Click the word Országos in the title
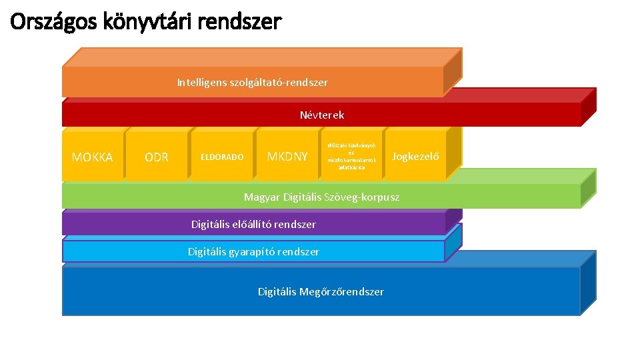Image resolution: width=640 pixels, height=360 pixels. [54, 22]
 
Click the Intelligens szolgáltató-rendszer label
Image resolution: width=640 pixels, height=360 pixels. [252, 83]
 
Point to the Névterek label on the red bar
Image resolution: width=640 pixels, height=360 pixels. [322, 115]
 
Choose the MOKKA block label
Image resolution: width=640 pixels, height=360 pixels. [92, 157]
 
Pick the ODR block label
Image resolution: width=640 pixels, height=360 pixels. [157, 157]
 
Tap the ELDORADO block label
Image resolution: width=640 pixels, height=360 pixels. [222, 157]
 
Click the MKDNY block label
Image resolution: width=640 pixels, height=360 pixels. [287, 157]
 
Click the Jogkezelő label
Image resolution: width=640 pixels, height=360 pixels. [415, 157]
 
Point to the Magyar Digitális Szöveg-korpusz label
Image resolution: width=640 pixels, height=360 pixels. [321, 197]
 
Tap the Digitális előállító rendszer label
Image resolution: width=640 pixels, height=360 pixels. [253, 225]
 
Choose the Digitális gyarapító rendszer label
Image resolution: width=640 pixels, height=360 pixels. [253, 252]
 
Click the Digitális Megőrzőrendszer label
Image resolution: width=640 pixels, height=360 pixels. [321, 292]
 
